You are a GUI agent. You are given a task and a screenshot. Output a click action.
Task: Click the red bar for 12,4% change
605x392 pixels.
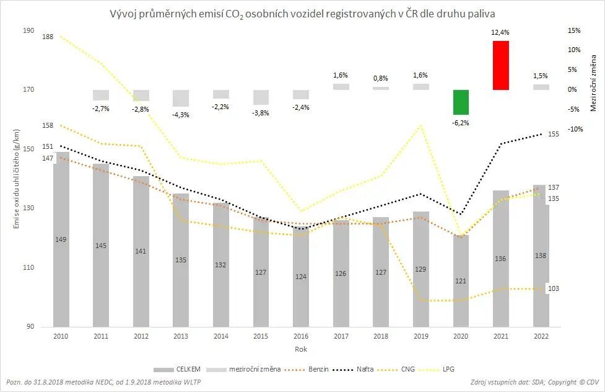tap(500, 65)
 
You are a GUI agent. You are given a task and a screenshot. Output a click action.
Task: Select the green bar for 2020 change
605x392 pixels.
tap(461, 102)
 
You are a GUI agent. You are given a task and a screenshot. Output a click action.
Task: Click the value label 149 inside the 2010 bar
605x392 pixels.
tap(61, 239)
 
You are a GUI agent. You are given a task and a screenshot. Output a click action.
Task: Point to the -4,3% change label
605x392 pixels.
tap(181, 115)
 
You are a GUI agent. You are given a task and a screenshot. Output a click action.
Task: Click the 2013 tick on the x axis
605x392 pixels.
tap(181, 336)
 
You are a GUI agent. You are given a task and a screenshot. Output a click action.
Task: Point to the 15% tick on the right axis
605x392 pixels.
tap(574, 30)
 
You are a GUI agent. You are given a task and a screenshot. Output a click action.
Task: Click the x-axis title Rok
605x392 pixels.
tap(301, 349)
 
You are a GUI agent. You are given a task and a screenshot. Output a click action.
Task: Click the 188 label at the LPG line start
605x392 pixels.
tap(48, 37)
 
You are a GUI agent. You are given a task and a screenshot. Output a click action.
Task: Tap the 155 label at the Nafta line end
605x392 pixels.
tap(554, 134)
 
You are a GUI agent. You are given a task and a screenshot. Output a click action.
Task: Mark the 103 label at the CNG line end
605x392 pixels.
tap(554, 289)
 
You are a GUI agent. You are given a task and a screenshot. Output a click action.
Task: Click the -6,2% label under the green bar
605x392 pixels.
tap(461, 123)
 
